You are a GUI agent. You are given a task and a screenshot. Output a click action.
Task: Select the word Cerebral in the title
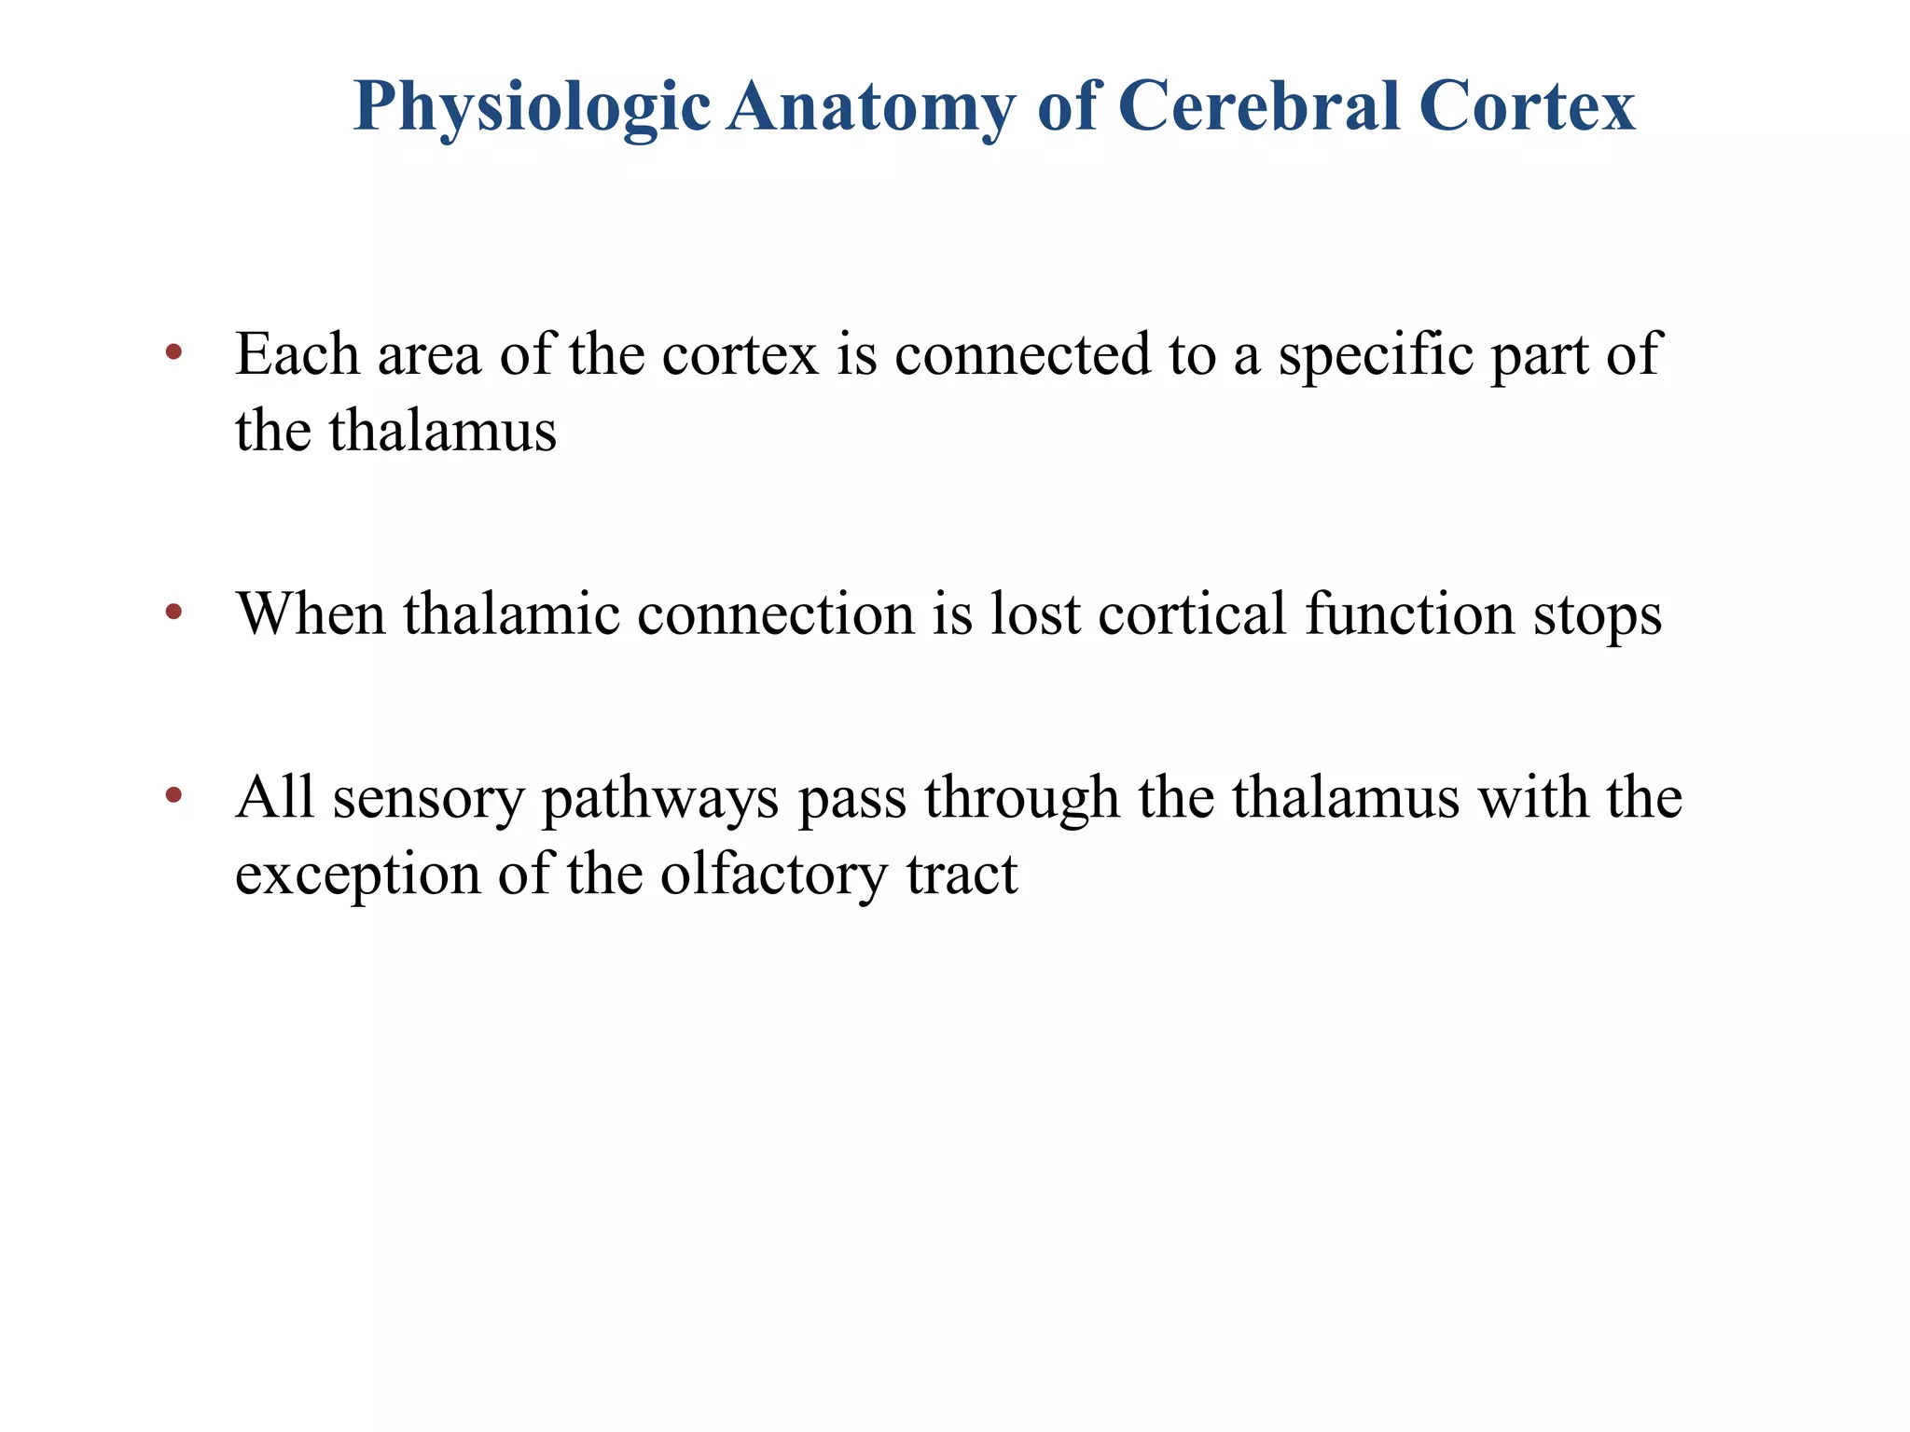pos(1259,105)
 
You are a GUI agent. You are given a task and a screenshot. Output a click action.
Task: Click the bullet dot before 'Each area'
pos(173,352)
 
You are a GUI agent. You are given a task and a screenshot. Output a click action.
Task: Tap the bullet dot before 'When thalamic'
pos(173,612)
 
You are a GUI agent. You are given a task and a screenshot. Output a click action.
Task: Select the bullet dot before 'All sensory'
pos(173,795)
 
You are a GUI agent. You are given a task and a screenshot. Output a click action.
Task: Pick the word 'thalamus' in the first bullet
pos(442,431)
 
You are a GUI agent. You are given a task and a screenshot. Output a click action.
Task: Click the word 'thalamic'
pos(512,614)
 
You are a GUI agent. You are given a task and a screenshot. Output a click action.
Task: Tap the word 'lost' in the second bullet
pos(1035,614)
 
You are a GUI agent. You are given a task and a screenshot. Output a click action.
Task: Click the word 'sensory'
pos(429,799)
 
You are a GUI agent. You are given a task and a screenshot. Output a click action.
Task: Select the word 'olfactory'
pos(774,875)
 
